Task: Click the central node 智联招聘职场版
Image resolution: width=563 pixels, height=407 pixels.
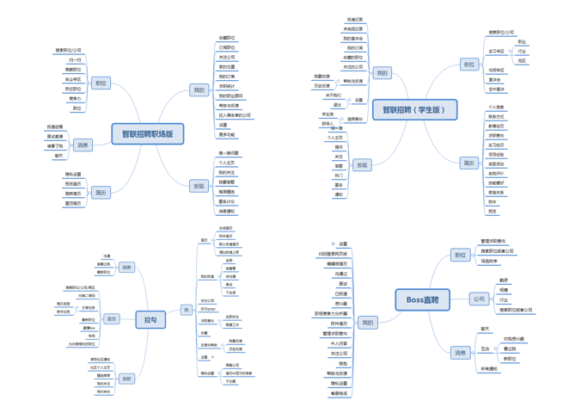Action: (x=147, y=133)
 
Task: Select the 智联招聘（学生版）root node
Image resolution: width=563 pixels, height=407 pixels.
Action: (x=414, y=109)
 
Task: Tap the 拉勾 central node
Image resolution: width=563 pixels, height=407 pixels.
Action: (x=150, y=319)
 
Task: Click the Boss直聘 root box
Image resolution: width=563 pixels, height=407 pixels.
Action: (x=422, y=299)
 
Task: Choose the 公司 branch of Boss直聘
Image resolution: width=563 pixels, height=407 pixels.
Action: (x=479, y=299)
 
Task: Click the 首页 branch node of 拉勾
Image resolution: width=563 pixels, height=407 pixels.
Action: (x=112, y=319)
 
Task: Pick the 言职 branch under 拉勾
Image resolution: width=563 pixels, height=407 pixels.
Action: (x=127, y=379)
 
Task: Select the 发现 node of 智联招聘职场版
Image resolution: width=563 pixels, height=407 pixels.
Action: (x=199, y=186)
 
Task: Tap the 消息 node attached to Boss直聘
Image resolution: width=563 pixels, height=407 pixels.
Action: (x=460, y=353)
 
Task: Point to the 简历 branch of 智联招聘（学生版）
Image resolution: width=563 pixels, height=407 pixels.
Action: (x=469, y=163)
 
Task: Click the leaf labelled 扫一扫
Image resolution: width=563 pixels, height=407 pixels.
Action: (x=75, y=60)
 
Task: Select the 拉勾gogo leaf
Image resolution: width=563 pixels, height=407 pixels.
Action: (x=208, y=308)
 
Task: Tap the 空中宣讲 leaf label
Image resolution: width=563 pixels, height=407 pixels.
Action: (x=498, y=89)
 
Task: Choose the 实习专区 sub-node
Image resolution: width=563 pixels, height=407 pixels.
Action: (x=497, y=52)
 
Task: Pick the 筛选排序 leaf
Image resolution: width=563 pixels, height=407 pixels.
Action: (x=489, y=261)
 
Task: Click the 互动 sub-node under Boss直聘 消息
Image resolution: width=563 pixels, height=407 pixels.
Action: (x=486, y=349)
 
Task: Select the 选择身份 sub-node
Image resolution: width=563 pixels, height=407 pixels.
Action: (x=354, y=119)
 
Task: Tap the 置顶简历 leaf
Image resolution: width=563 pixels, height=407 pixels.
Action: (x=73, y=203)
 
